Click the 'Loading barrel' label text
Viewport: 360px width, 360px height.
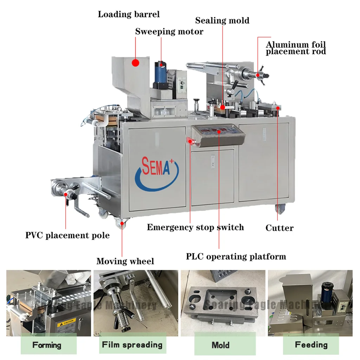pos(128,14)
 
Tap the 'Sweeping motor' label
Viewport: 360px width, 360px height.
pos(169,32)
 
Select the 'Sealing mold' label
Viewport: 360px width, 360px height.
pos(222,20)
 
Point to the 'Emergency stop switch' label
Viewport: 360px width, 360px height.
pos(195,227)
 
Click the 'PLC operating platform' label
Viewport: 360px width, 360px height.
pos(236,256)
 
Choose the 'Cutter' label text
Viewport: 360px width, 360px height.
pos(279,228)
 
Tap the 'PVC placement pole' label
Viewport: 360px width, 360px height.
pos(67,235)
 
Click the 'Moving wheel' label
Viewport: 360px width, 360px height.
pos(125,261)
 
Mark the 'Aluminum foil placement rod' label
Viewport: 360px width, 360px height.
pos(296,48)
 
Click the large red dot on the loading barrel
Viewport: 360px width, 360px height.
pos(135,63)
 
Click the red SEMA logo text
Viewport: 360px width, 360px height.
pos(156,167)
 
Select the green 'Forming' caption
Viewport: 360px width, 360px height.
pos(47,345)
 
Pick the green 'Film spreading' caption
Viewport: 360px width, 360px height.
pos(132,345)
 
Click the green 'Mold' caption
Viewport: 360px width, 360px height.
pos(220,345)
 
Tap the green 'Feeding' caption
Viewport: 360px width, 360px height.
pos(311,345)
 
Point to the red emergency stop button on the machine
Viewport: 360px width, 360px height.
pos(191,141)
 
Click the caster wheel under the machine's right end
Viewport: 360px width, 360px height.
pos(280,210)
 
